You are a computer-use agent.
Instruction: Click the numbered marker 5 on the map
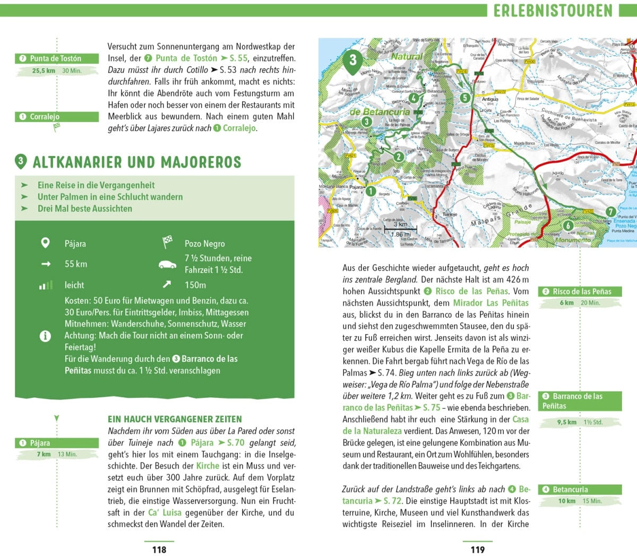tap(465, 98)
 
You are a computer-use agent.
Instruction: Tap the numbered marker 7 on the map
tap(611, 212)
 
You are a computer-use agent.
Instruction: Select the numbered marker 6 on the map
tap(569, 225)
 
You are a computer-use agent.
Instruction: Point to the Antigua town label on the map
tap(490, 99)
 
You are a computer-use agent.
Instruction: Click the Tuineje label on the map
tap(450, 214)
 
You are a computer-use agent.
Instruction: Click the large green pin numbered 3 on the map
tap(353, 60)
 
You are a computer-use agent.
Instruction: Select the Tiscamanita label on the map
tap(434, 186)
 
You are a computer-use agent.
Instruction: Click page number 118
tap(159, 550)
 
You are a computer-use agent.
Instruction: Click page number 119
tap(478, 550)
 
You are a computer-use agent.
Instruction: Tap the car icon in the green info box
tap(167, 264)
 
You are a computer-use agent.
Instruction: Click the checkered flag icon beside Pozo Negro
tap(167, 243)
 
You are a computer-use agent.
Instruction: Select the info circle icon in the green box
tap(46, 336)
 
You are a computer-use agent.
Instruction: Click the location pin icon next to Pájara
tap(46, 243)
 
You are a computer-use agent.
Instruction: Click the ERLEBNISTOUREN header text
tap(553, 11)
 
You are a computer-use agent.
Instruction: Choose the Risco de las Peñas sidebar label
tap(580, 291)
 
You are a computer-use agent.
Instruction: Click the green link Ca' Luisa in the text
tap(165, 512)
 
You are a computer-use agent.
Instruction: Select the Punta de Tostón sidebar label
tap(56, 58)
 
